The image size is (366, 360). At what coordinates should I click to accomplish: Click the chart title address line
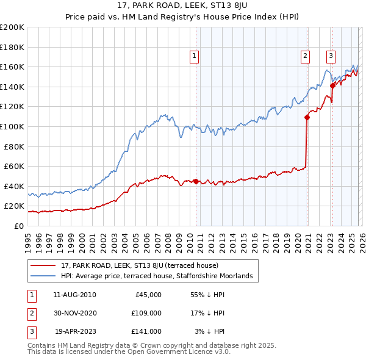182,7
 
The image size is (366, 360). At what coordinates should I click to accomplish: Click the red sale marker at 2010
196,181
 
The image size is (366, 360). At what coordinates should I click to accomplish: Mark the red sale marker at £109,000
307,118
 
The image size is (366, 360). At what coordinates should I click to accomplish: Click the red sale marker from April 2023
332,86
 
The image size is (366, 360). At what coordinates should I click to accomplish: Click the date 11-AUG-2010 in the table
74,295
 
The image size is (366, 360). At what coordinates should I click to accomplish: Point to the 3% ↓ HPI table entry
210,331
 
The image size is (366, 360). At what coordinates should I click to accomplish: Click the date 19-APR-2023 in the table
74,331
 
